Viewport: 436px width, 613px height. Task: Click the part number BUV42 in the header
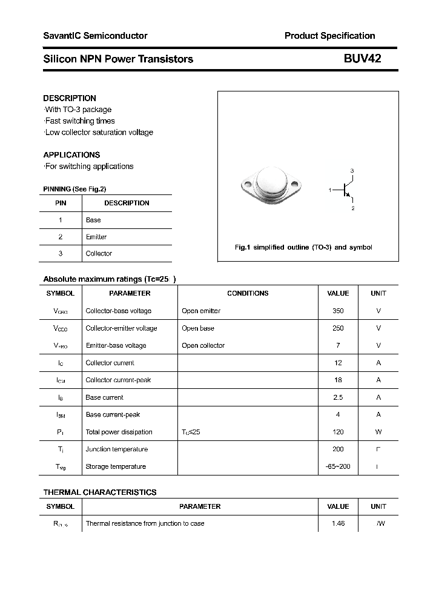362,59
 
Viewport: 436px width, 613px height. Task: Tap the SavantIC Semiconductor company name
95,36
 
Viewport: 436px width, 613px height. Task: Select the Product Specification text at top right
329,36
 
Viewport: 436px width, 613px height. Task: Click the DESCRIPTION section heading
70,98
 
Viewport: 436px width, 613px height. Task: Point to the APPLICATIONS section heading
71,155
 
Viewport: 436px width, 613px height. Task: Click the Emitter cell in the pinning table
96,237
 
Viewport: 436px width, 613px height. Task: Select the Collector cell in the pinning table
99,254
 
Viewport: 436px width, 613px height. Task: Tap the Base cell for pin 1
93,220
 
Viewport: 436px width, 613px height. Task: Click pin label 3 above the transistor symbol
352,171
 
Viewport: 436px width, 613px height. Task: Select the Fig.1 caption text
303,248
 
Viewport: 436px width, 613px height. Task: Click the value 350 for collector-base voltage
338,311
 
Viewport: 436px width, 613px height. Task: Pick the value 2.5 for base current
338,397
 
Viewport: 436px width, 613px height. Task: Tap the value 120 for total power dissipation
338,432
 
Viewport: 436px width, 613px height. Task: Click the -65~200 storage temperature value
338,466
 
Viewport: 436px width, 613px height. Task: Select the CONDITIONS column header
248,293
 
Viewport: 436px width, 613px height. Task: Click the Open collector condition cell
203,345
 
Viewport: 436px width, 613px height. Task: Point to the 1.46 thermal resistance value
338,523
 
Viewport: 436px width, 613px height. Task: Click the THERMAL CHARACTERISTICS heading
99,492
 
